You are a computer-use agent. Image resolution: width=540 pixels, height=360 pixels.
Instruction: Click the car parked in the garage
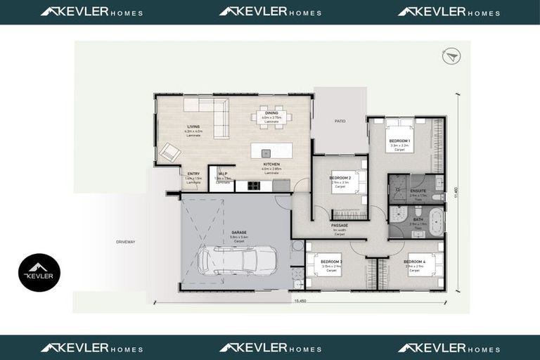(x=227, y=259)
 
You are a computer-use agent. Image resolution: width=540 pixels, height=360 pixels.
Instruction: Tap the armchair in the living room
(x=170, y=152)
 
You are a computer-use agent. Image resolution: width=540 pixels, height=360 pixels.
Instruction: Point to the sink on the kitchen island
(x=266, y=152)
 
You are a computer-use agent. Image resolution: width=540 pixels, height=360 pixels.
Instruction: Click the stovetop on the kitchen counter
(x=253, y=186)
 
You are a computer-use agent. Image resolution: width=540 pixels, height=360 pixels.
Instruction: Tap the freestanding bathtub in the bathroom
(x=437, y=221)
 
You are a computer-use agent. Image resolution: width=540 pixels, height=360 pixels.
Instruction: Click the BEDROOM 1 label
(x=399, y=141)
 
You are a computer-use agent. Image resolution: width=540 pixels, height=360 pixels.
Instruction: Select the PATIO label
(x=340, y=121)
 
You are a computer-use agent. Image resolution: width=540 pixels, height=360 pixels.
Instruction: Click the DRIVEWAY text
(x=125, y=242)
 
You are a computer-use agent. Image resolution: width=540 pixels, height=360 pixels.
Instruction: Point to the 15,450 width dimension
(x=300, y=300)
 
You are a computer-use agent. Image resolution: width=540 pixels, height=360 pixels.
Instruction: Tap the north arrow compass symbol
(x=451, y=56)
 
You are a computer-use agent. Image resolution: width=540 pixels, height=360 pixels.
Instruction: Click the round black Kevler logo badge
(x=39, y=273)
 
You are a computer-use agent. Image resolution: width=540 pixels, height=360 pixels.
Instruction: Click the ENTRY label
(x=193, y=174)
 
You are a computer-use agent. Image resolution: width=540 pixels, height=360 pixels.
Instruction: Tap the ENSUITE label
(x=418, y=190)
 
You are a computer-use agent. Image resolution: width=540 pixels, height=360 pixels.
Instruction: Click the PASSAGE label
(x=340, y=225)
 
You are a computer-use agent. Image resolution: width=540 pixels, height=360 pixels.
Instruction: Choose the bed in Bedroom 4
(x=423, y=264)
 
